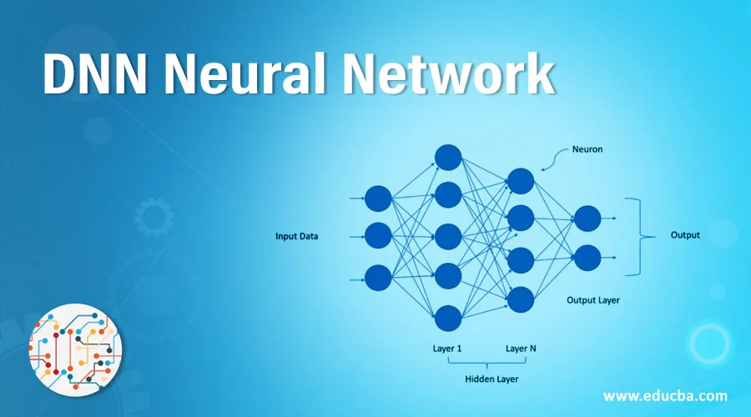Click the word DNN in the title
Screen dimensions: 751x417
[x=95, y=75]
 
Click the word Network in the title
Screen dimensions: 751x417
[x=449, y=73]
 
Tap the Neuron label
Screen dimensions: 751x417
[x=587, y=149]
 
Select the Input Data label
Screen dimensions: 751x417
[x=296, y=236]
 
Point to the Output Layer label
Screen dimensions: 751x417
[x=593, y=300]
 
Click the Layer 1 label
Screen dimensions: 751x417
[x=447, y=349]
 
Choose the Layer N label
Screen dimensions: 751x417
[x=521, y=349]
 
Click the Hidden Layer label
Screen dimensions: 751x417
[x=491, y=379]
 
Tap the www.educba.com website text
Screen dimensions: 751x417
[x=665, y=396]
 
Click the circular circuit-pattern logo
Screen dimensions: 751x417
[x=76, y=350]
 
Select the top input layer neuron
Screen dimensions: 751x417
[x=378, y=198]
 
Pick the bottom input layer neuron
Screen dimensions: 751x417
[x=378, y=278]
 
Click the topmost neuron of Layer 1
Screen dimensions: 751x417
[x=448, y=157]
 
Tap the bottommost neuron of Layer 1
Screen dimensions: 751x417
[x=448, y=319]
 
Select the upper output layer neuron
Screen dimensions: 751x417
[x=587, y=219]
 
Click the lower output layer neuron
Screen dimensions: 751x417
[x=587, y=258]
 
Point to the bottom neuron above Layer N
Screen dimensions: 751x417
[x=521, y=299]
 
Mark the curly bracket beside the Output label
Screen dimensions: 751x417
[x=640, y=237]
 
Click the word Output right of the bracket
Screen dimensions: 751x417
[x=685, y=235]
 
